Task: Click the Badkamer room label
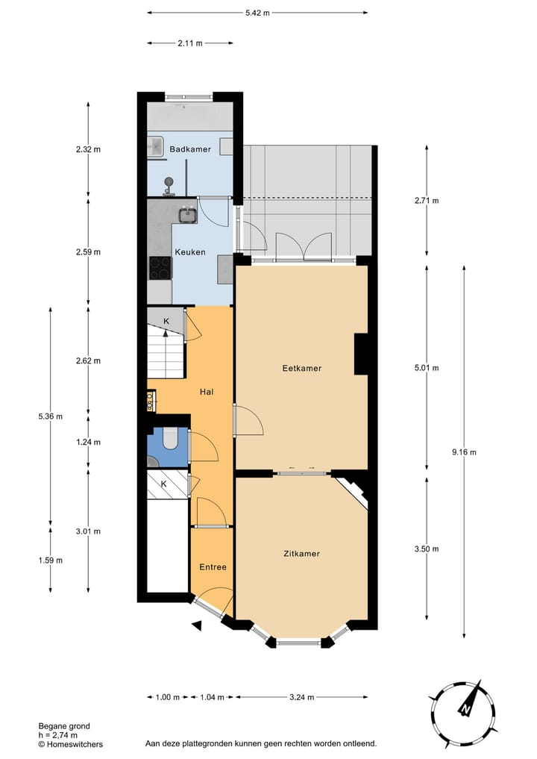[189, 149]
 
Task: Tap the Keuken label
[189, 252]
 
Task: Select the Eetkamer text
[301, 368]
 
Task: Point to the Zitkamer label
[301, 554]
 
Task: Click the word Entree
[212, 567]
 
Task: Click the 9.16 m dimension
[463, 452]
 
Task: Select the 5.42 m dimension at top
[257, 12]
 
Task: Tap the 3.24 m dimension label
[301, 697]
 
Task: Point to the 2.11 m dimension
[189, 43]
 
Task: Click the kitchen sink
[187, 216]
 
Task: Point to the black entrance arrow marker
[197, 626]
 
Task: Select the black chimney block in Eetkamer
[361, 354]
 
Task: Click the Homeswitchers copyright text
[71, 744]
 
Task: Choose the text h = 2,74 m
[58, 735]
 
